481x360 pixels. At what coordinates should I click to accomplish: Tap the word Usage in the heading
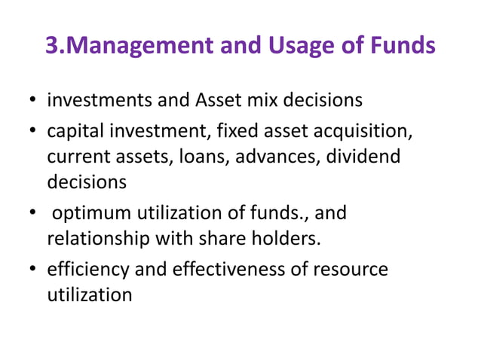(298, 45)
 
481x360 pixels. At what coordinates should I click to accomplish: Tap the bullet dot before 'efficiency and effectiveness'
(34, 270)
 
